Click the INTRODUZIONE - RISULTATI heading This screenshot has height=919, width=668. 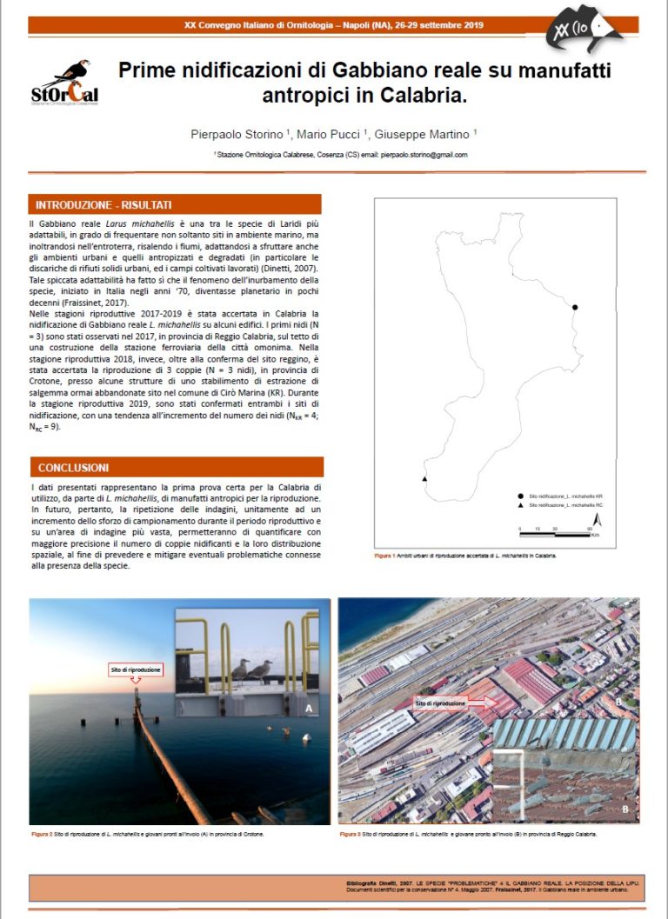click(x=104, y=205)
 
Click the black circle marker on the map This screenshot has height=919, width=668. click(x=575, y=307)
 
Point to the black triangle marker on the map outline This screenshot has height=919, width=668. click(x=424, y=479)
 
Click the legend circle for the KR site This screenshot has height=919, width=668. click(x=520, y=494)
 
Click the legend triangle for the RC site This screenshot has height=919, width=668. click(x=520, y=505)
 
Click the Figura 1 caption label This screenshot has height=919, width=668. click(x=384, y=554)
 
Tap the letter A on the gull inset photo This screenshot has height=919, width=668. click(x=308, y=708)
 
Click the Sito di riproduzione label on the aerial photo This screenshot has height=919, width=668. click(x=440, y=703)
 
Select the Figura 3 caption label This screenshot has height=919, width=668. click(x=350, y=834)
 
